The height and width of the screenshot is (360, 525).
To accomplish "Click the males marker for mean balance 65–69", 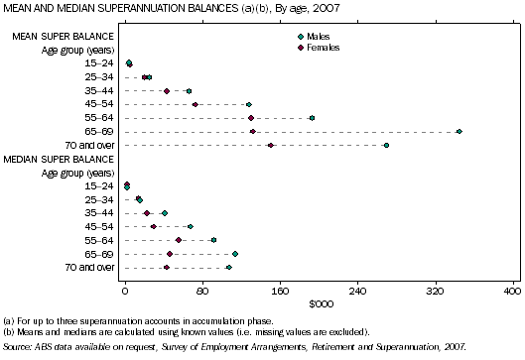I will [x=459, y=131].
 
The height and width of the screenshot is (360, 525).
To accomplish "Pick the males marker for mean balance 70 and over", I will [x=386, y=145].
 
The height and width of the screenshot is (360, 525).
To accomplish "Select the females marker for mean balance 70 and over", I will [x=270, y=145].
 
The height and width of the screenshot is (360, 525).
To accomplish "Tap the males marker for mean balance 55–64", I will [x=312, y=118].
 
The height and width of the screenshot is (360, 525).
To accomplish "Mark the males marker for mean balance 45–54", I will [x=248, y=104].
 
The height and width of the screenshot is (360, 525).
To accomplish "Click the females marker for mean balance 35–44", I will [x=167, y=90].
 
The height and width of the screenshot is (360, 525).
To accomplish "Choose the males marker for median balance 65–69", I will [x=235, y=254].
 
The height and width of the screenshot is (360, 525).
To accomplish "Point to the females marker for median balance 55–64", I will [x=179, y=240].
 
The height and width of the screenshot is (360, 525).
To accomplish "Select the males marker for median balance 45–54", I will [x=191, y=227].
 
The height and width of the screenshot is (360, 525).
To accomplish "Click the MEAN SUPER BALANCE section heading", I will [x=56, y=37].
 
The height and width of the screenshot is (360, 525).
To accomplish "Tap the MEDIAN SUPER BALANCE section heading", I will [x=59, y=159].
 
